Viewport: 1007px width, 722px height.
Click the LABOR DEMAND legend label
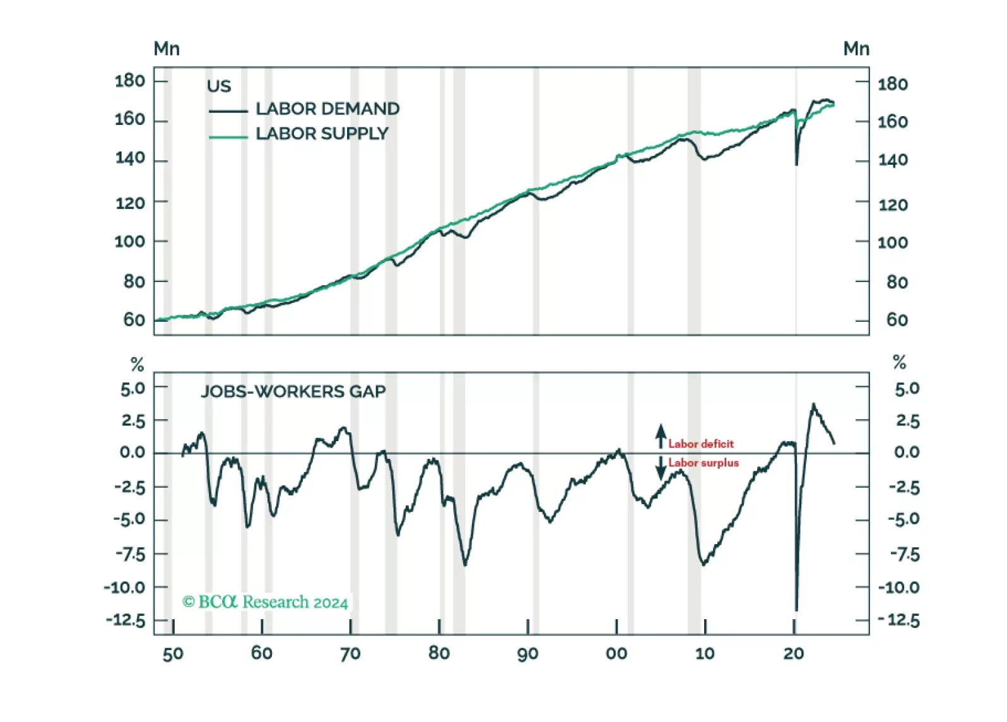click(x=327, y=109)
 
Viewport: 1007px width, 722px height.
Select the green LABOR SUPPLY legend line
click(x=228, y=136)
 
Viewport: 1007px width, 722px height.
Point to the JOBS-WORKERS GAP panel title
click(x=293, y=391)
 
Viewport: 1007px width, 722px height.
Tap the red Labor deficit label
click(x=701, y=444)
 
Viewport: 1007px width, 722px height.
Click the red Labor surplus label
click(x=704, y=463)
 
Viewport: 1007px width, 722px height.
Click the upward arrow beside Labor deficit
click(x=661, y=436)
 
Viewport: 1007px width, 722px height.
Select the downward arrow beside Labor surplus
click(x=661, y=468)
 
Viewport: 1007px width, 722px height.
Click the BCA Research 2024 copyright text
click(x=265, y=602)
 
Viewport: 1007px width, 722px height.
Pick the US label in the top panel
click(x=219, y=86)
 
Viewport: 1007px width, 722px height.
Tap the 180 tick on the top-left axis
click(x=129, y=81)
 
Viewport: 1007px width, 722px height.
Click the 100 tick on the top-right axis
click(x=892, y=242)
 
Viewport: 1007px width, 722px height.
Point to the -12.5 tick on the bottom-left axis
click(x=126, y=620)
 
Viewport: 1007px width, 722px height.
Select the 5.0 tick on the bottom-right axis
click(x=907, y=389)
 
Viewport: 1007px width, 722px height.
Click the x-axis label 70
click(x=350, y=653)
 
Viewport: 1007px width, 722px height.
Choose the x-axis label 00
click(x=616, y=653)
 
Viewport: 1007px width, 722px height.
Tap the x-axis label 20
click(x=794, y=653)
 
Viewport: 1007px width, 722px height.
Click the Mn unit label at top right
click(x=856, y=49)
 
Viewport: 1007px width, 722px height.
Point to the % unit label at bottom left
click(x=137, y=364)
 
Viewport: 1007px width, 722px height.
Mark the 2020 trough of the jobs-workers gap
click(x=796, y=610)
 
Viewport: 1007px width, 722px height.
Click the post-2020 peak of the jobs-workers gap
click(x=813, y=404)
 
